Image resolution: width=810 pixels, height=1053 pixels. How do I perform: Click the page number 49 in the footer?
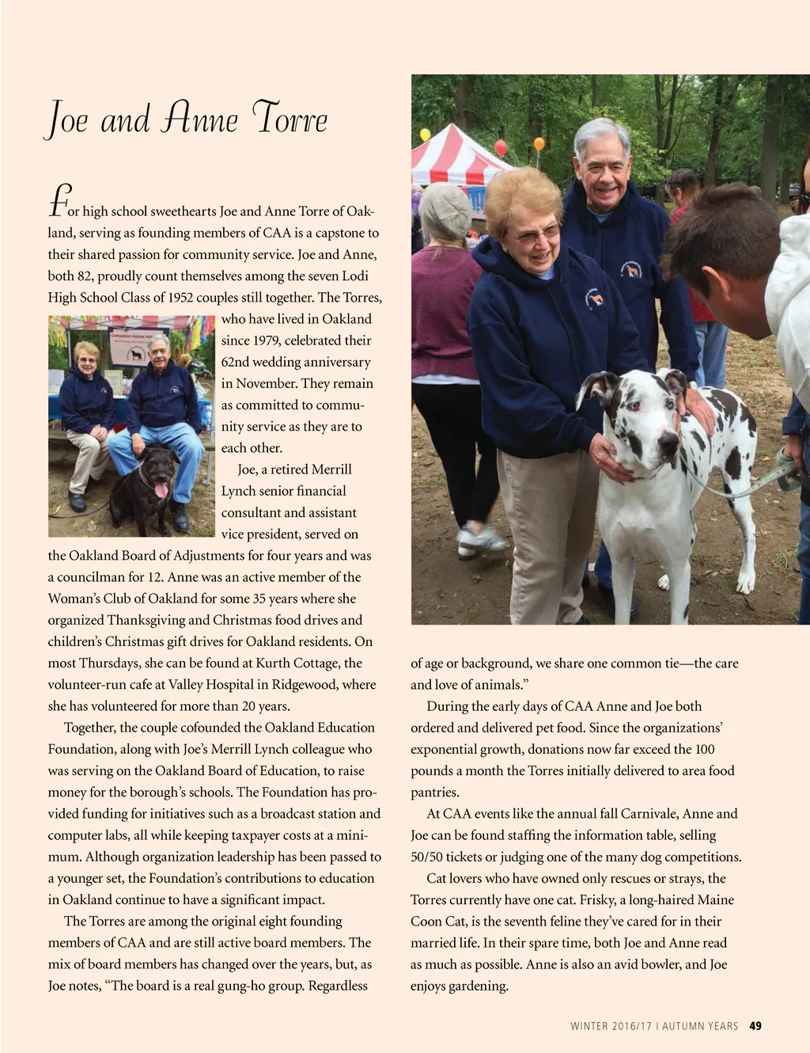pyautogui.click(x=755, y=1026)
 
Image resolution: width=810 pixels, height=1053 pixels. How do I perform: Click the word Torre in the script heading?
pyautogui.click(x=290, y=119)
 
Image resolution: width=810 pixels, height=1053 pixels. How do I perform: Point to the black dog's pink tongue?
pyautogui.click(x=161, y=490)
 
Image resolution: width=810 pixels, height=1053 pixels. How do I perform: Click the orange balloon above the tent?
pyautogui.click(x=539, y=144)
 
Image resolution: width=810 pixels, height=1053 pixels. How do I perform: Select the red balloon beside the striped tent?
pyautogui.click(x=501, y=148)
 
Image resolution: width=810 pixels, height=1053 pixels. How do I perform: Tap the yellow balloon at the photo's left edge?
pyautogui.click(x=425, y=135)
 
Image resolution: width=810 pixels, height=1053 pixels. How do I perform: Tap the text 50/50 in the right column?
pyautogui.click(x=429, y=857)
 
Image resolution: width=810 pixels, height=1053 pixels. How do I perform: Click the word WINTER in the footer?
pyautogui.click(x=589, y=1027)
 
